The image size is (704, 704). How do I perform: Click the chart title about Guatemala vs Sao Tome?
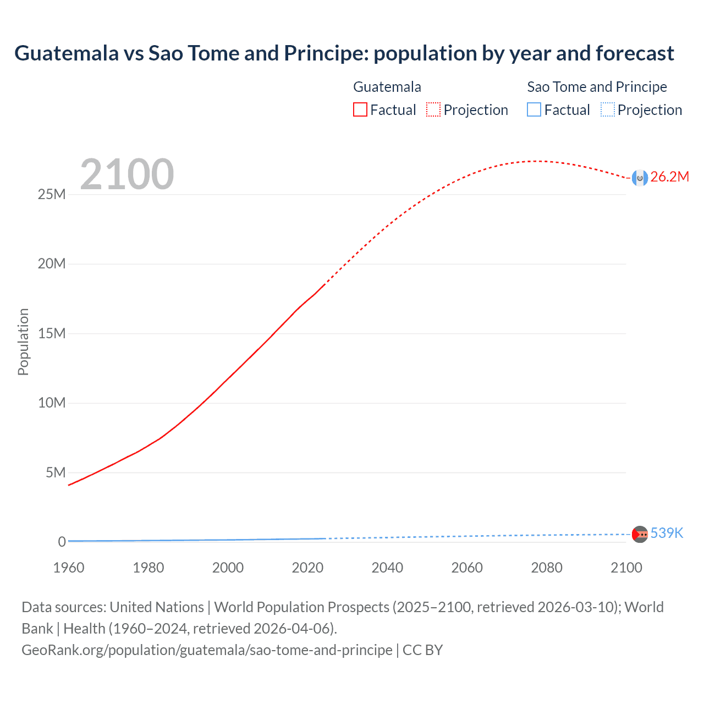[344, 53]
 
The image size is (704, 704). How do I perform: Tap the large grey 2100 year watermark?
[127, 174]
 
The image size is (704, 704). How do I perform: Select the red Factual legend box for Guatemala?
[360, 109]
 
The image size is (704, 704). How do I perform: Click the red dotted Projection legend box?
[433, 109]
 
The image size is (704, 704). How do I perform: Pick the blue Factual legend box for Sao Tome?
[533, 109]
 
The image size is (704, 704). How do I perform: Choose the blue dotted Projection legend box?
[607, 109]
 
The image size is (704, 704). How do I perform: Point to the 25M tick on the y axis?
[52, 194]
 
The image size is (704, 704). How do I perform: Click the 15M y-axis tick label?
[52, 333]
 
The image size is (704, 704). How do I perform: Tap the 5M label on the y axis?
[56, 472]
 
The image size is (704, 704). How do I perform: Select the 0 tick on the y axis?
[62, 542]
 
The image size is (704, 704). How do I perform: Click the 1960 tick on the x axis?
[69, 568]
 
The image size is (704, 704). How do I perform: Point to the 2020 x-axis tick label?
[307, 568]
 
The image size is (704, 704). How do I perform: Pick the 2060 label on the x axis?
[467, 568]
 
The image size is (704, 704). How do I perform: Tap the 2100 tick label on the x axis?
[626, 568]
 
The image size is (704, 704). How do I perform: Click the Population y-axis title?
[23, 342]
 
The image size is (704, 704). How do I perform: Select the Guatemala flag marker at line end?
[640, 178]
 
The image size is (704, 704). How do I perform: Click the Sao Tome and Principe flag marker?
[640, 534]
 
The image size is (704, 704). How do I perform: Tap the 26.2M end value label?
[669, 177]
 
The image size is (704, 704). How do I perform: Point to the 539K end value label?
[667, 533]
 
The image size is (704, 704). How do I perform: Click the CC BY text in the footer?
[422, 650]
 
